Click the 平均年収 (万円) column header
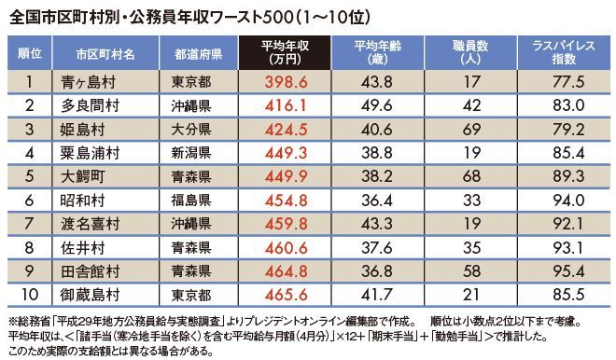click(285, 52)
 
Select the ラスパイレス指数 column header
click(564, 52)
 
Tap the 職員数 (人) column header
click(470, 52)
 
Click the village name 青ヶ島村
click(89, 82)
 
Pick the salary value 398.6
click(286, 82)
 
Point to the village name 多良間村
click(90, 105)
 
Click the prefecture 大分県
click(191, 130)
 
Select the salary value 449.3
click(286, 153)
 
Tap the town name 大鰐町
click(82, 176)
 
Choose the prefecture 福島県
click(191, 201)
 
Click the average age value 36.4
click(377, 201)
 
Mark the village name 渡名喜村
click(90, 224)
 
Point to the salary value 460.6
click(286, 248)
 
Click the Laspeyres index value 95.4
click(568, 271)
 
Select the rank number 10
click(29, 295)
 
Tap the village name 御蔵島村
click(90, 295)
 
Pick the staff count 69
click(471, 130)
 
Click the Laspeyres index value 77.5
click(568, 82)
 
